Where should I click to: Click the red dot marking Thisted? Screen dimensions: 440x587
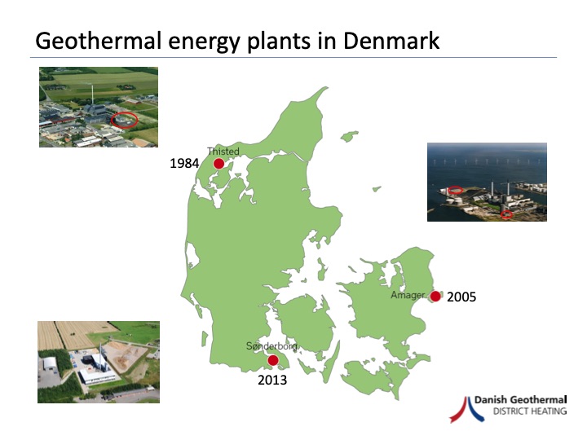pos(218,164)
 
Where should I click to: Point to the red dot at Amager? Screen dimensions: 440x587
pos(435,297)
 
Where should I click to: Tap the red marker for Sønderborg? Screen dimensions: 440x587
pos(273,360)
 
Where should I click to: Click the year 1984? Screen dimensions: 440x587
pos(184,164)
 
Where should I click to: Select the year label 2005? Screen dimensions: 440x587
pos(461,297)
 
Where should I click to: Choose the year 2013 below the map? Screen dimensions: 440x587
pos(272,379)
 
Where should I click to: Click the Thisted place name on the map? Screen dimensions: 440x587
pos(223,151)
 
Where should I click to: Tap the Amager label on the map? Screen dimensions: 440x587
pos(408,295)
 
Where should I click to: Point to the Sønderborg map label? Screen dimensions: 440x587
pos(271,346)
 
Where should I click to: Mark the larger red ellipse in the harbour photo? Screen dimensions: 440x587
pos(457,190)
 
